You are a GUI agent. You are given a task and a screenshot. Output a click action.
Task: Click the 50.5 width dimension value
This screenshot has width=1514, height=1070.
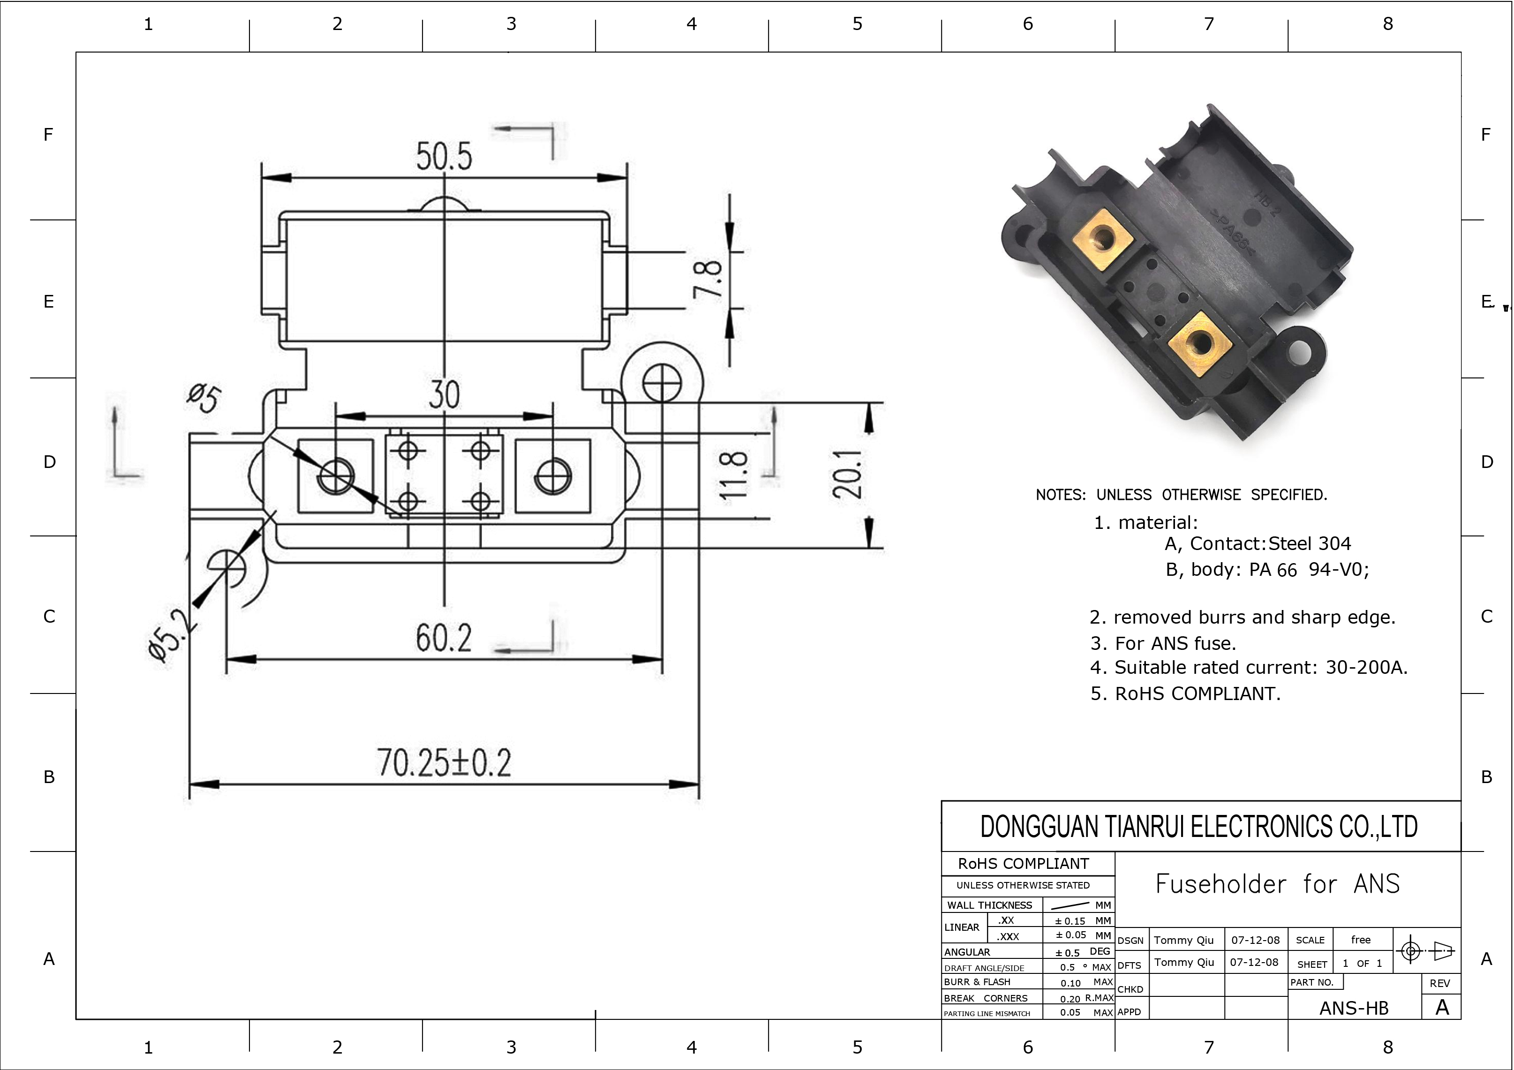444,157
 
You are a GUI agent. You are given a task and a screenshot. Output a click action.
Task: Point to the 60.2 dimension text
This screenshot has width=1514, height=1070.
443,638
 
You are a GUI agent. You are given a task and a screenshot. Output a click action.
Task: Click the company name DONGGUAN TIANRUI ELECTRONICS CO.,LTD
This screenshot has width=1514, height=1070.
1199,827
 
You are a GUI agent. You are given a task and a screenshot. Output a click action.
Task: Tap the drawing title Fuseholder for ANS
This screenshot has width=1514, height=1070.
1277,883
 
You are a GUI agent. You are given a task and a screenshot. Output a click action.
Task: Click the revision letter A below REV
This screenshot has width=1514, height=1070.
1441,1007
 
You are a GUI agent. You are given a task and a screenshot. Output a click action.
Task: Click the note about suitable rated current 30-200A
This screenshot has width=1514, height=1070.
1249,667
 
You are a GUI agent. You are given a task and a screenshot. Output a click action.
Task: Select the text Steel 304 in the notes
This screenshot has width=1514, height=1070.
1310,543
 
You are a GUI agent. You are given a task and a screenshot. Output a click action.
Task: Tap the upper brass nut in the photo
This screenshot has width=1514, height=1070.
1102,237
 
